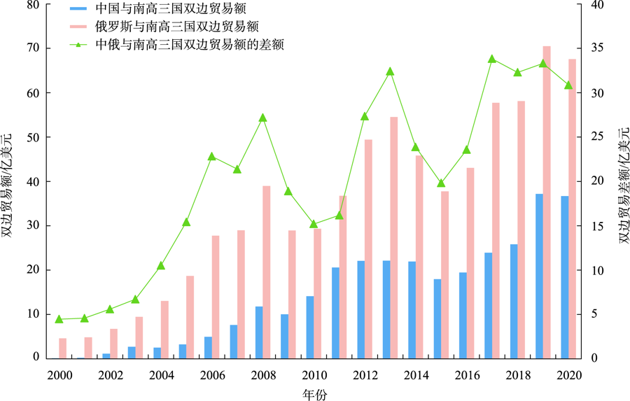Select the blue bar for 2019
click(539, 276)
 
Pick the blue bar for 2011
click(335, 312)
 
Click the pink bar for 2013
click(394, 237)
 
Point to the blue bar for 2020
click(564, 276)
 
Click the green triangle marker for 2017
click(491, 59)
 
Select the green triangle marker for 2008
click(262, 118)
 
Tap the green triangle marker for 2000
click(59, 319)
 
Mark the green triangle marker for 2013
click(390, 71)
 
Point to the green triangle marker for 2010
click(314, 224)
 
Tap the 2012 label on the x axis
click(365, 374)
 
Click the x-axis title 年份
click(315, 393)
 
